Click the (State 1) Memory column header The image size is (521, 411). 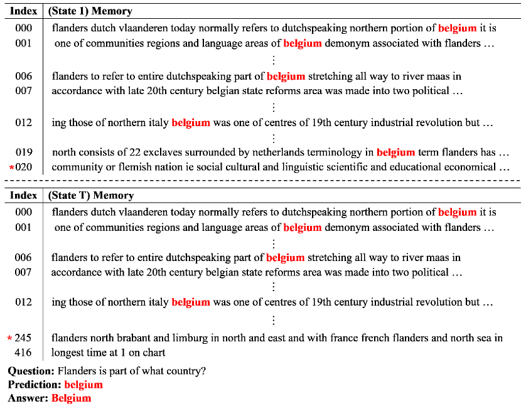click(x=90, y=11)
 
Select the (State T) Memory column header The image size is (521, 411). click(x=90, y=196)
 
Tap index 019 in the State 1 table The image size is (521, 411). click(x=24, y=152)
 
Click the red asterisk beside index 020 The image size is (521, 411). click(x=11, y=168)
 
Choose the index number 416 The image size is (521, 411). click(x=24, y=353)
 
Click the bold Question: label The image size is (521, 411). click(x=31, y=371)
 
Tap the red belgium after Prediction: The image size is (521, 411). click(x=83, y=384)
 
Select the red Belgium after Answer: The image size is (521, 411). click(x=72, y=398)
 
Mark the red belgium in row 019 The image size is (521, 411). click(x=395, y=152)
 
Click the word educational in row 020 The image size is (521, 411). click(x=417, y=167)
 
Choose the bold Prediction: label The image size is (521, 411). click(x=35, y=384)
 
